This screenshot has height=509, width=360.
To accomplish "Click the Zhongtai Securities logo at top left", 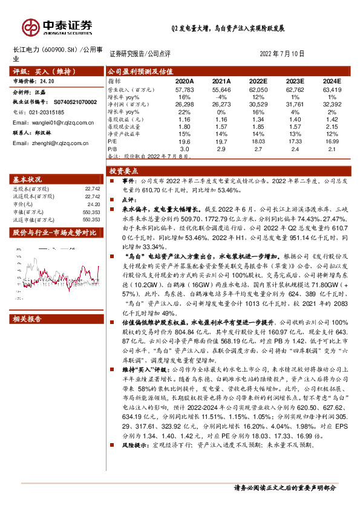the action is (x=57, y=27).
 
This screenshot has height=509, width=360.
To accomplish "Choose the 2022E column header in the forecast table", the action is (x=258, y=80).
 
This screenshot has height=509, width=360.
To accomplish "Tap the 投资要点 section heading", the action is (x=123, y=170).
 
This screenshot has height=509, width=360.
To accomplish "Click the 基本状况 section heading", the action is (x=27, y=180).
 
